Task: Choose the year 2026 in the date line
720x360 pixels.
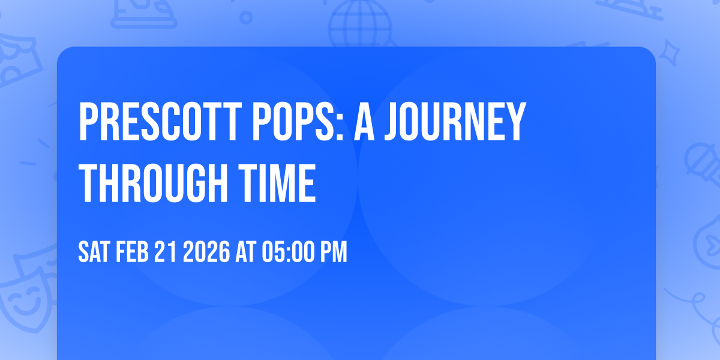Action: pyautogui.click(x=205, y=253)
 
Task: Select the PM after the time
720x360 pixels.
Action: pyautogui.click(x=334, y=253)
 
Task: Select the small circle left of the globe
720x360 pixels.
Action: pyautogui.click(x=246, y=18)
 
